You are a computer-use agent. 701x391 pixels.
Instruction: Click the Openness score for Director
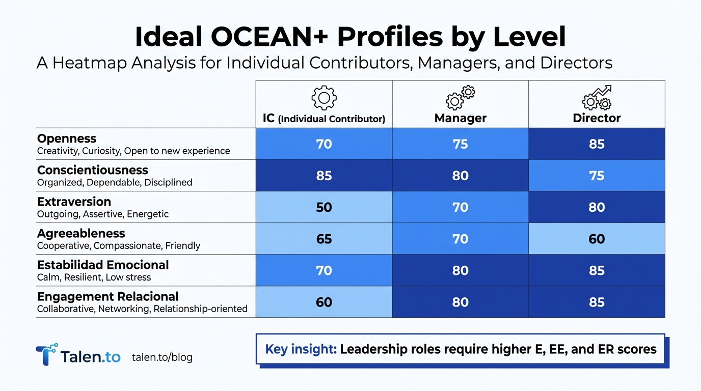(597, 144)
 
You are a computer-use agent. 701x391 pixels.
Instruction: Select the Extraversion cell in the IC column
(324, 207)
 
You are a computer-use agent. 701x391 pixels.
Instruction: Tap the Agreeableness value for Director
(597, 239)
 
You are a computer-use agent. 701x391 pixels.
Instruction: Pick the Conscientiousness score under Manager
(460, 176)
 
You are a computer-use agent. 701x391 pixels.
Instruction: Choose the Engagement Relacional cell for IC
(324, 302)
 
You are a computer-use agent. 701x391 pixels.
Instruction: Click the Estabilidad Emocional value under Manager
(460, 270)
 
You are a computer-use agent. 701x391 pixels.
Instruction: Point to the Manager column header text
(460, 118)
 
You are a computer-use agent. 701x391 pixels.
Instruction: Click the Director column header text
(597, 118)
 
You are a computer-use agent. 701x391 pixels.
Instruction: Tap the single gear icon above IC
(324, 98)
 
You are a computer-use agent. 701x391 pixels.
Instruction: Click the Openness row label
(67, 138)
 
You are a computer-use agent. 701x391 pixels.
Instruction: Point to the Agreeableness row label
(81, 233)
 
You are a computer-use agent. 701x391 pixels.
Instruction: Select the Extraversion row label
(74, 202)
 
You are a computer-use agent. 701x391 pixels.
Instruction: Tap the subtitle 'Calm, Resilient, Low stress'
(94, 277)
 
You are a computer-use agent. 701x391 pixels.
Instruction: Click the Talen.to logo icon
(46, 354)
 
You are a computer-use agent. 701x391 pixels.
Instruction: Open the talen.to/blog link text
(162, 357)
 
